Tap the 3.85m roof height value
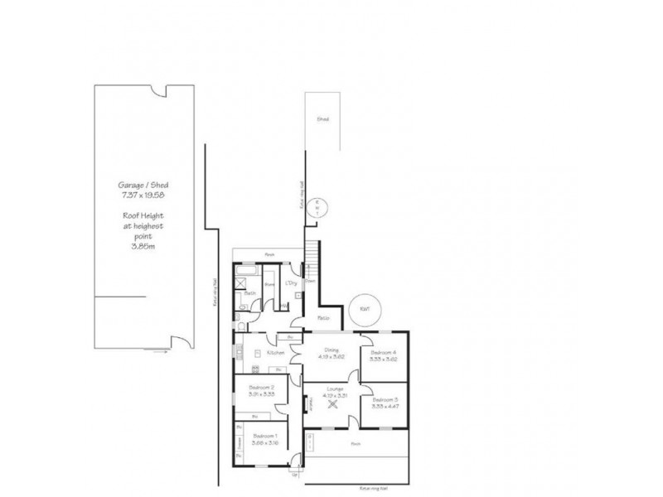(145, 245)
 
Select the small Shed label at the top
(323, 119)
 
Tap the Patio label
(324, 318)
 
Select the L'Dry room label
(291, 283)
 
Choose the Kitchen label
(276, 353)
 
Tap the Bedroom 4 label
(384, 352)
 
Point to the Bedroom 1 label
(264, 436)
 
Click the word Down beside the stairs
(310, 281)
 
